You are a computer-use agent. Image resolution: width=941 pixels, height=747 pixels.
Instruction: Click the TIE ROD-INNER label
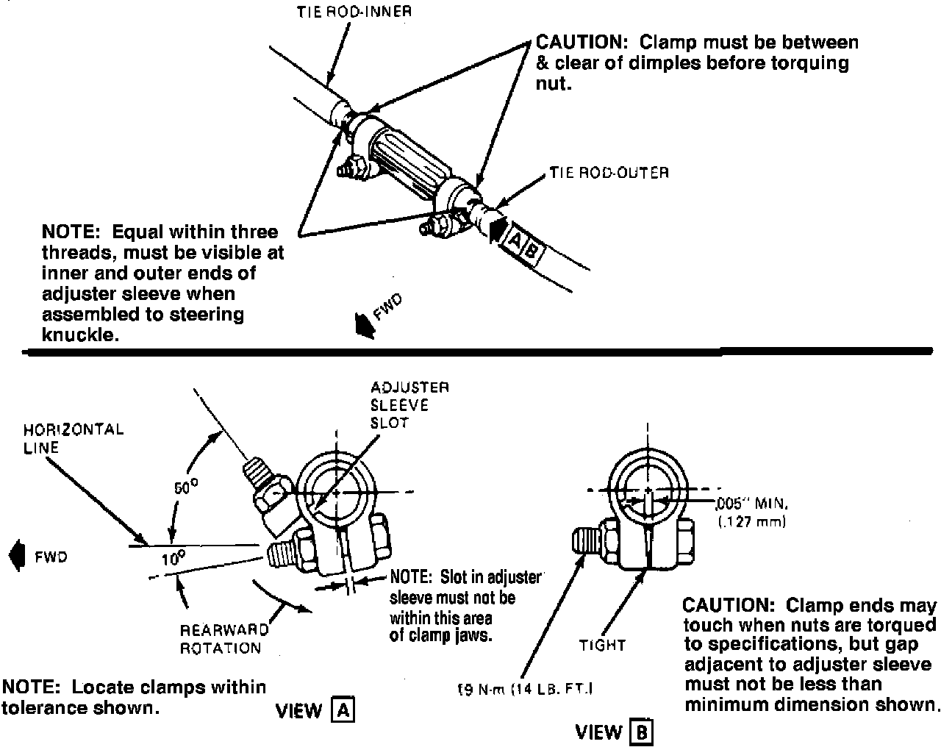(354, 12)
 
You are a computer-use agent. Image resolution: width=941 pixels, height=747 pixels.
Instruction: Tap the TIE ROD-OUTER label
(609, 173)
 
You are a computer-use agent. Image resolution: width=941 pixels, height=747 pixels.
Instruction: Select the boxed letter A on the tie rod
(515, 240)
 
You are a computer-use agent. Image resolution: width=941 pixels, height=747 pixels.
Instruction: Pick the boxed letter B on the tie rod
(532, 251)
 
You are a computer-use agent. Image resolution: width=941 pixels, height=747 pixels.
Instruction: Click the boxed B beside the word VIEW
(641, 732)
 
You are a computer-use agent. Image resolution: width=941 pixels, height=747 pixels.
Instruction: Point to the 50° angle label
(186, 487)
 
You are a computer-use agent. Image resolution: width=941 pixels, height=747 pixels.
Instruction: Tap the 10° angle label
(173, 559)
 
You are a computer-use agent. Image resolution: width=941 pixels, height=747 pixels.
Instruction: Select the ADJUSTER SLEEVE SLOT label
(409, 405)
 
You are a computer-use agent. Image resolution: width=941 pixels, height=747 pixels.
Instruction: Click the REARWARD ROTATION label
(224, 639)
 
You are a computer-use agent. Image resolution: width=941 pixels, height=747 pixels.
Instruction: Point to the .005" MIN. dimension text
(751, 504)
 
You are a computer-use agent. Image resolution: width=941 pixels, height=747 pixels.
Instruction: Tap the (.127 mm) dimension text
(752, 522)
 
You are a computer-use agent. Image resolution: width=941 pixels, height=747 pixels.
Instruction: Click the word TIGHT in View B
(602, 645)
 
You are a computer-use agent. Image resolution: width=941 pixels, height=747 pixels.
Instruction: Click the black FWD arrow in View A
(17, 555)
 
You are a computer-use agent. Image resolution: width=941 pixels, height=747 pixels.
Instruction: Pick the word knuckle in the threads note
(80, 335)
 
